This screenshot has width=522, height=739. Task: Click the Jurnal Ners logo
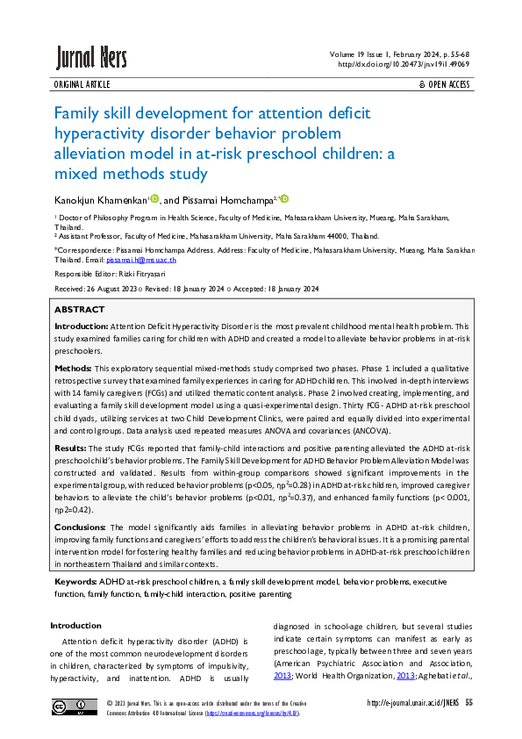(91, 58)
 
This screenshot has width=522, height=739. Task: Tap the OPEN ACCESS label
(447, 84)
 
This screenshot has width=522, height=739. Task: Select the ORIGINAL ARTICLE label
(82, 84)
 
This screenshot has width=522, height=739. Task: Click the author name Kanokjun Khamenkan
(101, 201)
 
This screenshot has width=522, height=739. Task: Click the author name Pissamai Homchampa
(231, 201)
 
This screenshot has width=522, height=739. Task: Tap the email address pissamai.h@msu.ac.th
(141, 261)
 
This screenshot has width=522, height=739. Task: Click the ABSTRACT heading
(79, 310)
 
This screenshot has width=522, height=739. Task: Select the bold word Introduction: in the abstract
(82, 326)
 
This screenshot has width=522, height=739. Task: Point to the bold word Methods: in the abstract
(73, 368)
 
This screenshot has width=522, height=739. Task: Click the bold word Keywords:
(75, 582)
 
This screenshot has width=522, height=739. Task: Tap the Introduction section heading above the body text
(76, 626)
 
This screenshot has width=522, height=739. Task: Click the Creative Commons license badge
(74, 707)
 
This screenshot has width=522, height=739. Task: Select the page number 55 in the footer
(469, 703)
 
